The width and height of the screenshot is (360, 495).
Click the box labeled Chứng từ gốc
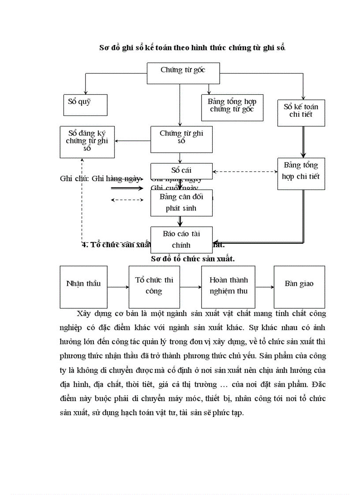183,73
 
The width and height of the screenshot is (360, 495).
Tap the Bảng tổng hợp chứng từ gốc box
232,107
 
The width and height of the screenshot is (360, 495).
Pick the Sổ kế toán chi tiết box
301,112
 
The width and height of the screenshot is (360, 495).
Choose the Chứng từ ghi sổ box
181,139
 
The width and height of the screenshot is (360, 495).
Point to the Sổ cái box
181,170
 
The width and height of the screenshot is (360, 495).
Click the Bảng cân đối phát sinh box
181,203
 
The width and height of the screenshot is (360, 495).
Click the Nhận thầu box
83,287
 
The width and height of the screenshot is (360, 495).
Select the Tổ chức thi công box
154,287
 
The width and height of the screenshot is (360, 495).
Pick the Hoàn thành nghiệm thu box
228,287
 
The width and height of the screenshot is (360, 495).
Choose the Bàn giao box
299,287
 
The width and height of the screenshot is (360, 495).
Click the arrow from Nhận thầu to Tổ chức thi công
118,287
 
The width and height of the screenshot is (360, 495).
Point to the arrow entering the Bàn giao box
264,287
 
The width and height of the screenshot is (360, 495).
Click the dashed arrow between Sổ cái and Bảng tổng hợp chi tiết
245,171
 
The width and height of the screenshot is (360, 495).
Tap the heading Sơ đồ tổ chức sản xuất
192,259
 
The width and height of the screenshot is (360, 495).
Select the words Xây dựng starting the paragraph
92,314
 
